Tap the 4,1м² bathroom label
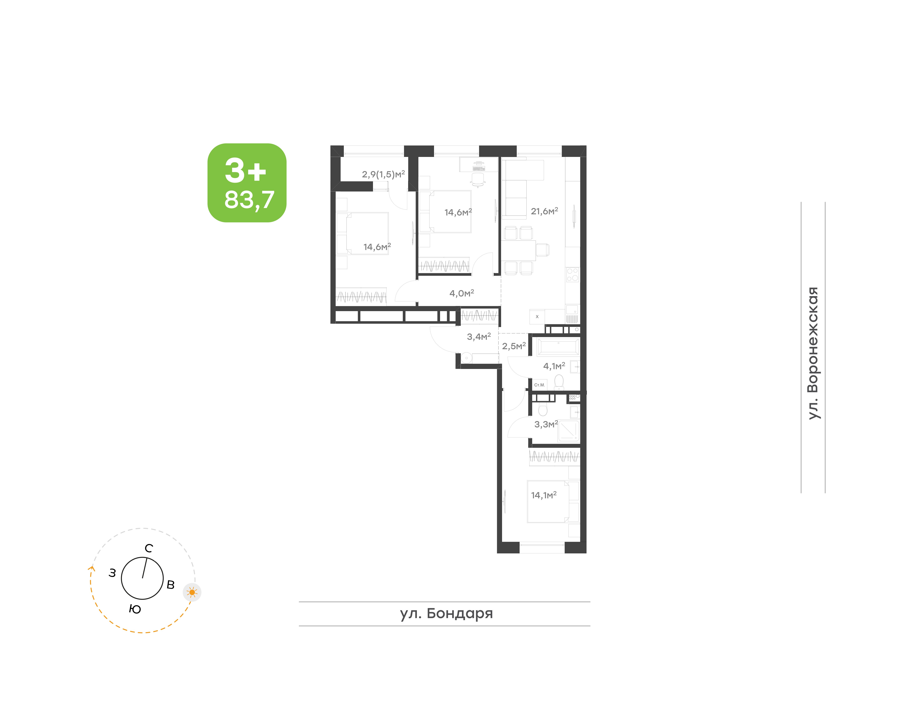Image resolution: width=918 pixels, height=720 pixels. (x=554, y=366)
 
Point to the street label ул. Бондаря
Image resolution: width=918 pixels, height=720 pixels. (x=446, y=613)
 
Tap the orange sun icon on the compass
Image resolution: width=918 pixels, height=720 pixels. (x=192, y=592)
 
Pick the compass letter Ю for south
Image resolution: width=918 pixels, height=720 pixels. (x=135, y=609)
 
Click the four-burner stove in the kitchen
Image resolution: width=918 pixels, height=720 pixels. (x=572, y=274)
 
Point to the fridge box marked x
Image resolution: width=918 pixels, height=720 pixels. (x=537, y=316)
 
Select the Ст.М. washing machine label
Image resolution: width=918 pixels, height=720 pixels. (x=539, y=385)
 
